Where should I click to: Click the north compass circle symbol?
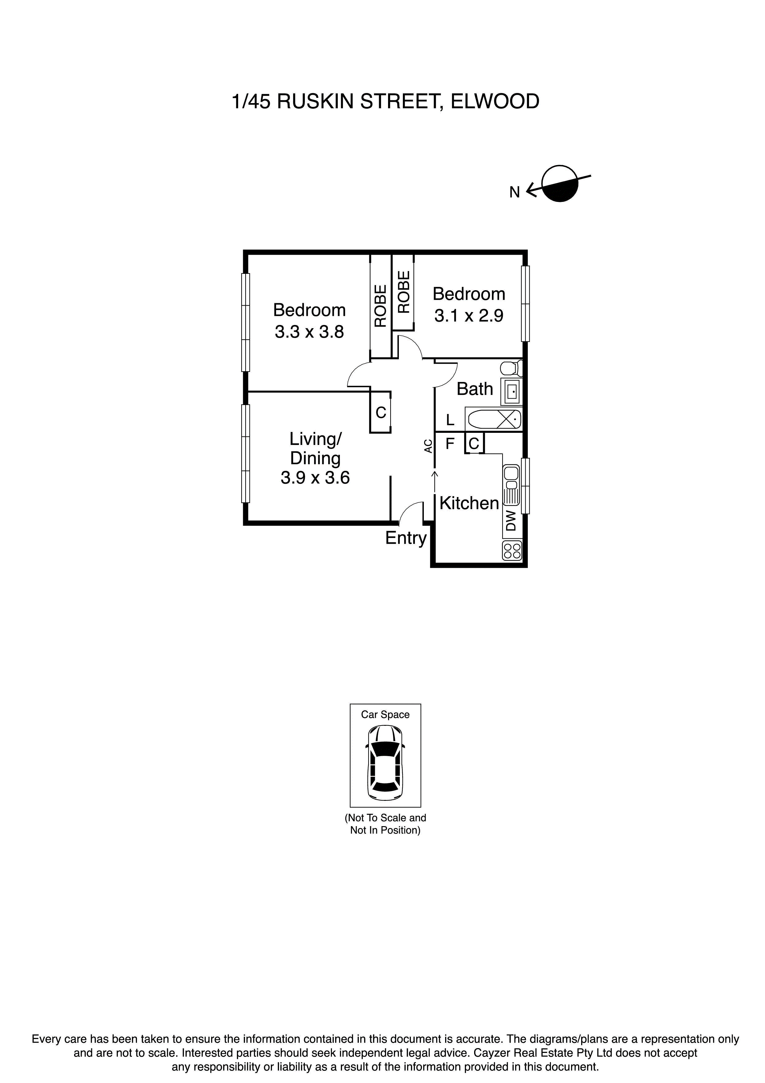pyautogui.click(x=560, y=184)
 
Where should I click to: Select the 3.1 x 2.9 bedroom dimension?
pyautogui.click(x=469, y=315)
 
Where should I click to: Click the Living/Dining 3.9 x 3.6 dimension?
pyautogui.click(x=315, y=478)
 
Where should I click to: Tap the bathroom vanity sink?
pyautogui.click(x=512, y=391)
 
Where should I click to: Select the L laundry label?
pyautogui.click(x=450, y=419)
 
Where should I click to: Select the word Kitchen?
pyautogui.click(x=469, y=503)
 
